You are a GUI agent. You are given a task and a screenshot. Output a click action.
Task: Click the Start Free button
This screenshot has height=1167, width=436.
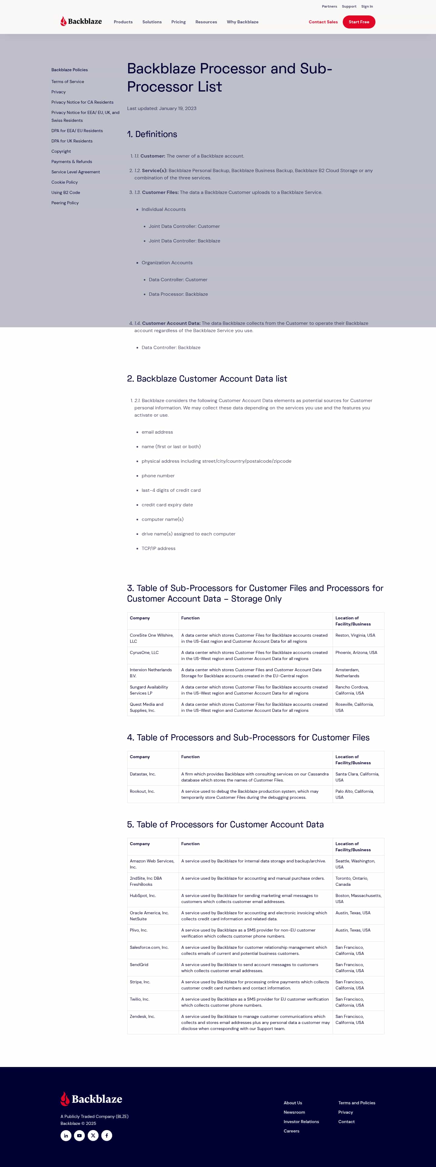(x=358, y=22)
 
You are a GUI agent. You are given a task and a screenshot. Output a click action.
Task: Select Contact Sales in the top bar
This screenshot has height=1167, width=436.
(x=323, y=22)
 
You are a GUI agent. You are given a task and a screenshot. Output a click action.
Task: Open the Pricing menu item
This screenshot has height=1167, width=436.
(x=178, y=22)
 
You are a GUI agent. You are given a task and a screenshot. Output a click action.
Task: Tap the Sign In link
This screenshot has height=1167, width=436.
(x=367, y=6)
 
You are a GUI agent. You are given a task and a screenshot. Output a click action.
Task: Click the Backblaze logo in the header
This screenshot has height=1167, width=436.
(x=81, y=21)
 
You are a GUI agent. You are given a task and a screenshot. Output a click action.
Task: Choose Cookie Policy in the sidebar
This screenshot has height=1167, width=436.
(x=64, y=182)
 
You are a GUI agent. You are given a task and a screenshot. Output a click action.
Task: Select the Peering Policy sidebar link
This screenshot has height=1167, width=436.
(x=65, y=203)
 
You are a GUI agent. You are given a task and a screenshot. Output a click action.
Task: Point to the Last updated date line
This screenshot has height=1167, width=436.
(x=162, y=108)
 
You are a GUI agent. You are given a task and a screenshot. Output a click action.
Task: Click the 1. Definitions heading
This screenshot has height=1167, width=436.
(x=152, y=134)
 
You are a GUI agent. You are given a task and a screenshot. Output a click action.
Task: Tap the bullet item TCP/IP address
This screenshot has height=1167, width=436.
(x=158, y=548)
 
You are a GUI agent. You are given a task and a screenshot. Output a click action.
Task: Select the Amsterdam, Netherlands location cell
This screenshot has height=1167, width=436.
(x=347, y=673)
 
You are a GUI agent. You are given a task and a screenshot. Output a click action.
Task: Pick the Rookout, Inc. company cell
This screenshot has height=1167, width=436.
(x=142, y=791)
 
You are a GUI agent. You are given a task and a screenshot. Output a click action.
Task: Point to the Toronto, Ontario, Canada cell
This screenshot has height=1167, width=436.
(x=351, y=881)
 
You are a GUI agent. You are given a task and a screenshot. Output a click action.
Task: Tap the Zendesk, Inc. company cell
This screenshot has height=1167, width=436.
(x=142, y=1016)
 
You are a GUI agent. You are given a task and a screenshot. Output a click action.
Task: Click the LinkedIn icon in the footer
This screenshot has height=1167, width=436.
(x=66, y=1135)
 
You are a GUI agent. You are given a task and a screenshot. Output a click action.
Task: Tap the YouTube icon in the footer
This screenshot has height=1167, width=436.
(x=80, y=1135)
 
